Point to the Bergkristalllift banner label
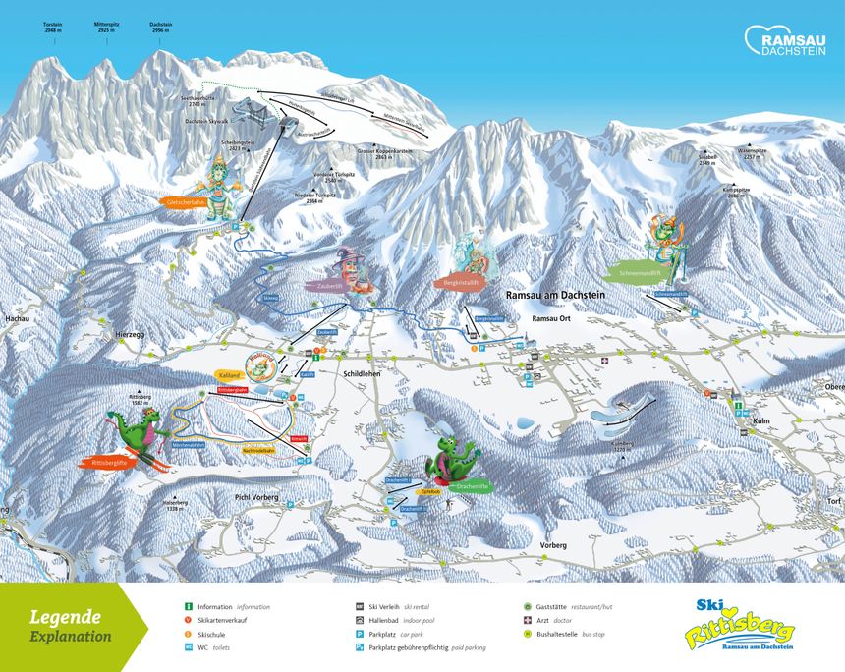[x=460, y=282]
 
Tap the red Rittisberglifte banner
[x=109, y=461]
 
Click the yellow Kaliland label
[x=230, y=376]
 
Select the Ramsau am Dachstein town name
[x=557, y=295]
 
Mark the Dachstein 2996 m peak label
[x=162, y=27]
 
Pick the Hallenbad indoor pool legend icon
[x=361, y=621]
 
